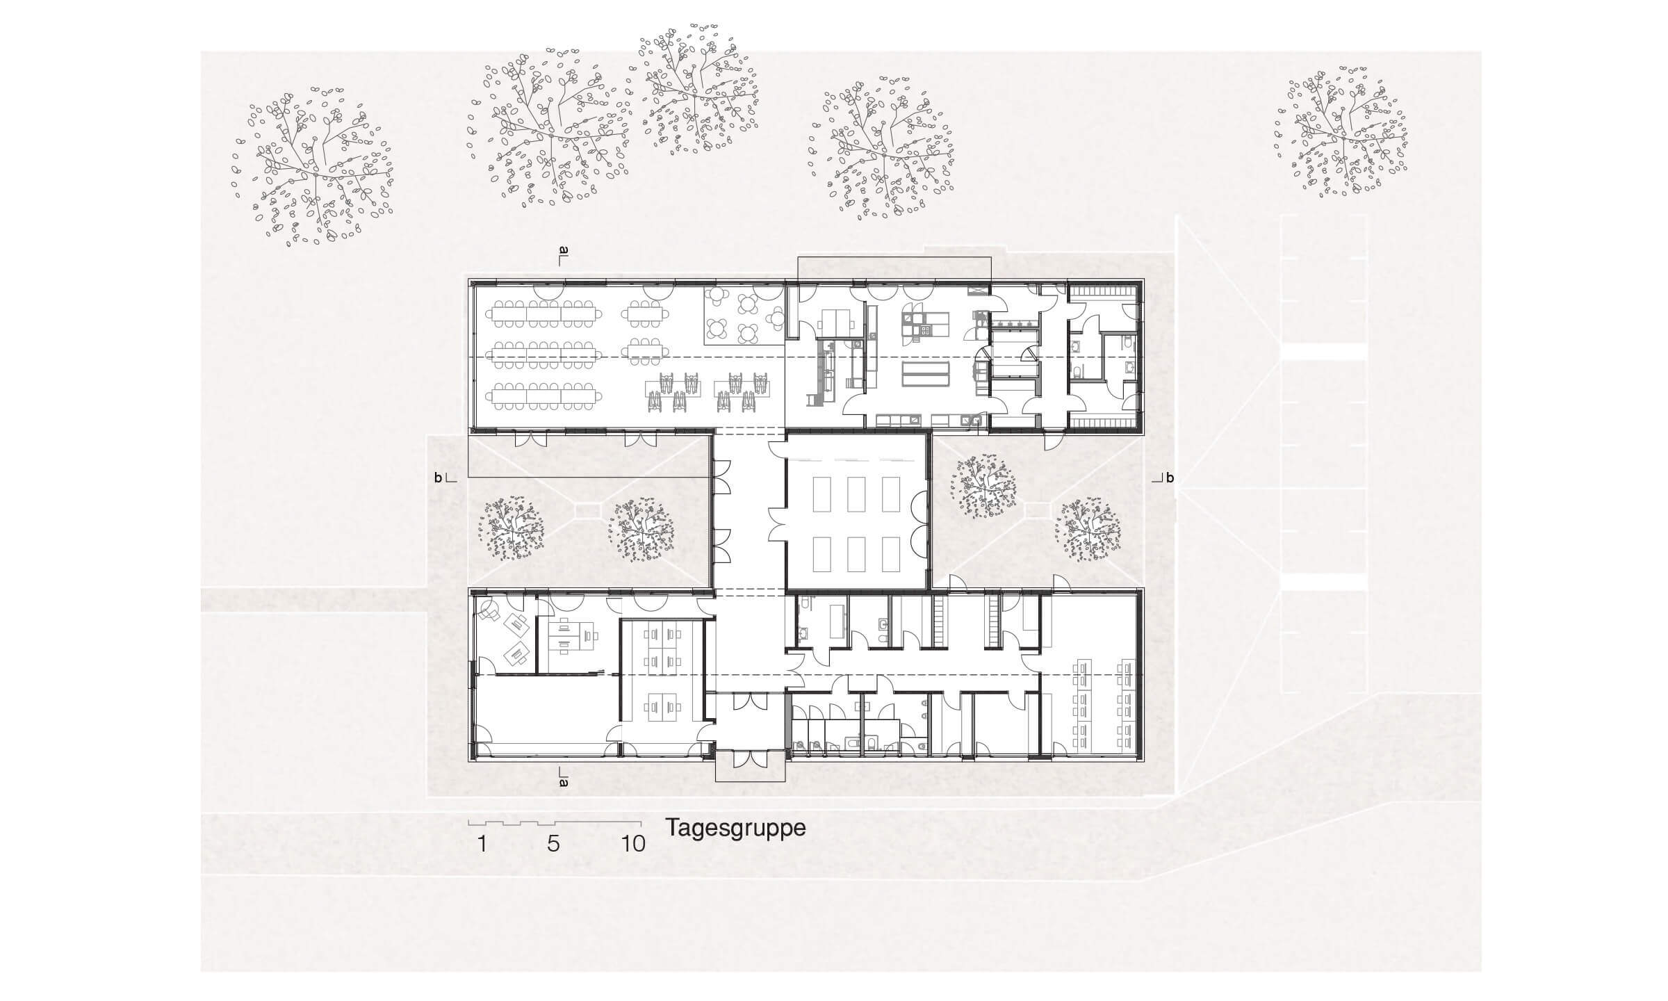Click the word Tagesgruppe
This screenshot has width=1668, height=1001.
[736, 829]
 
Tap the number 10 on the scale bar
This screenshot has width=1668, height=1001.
[633, 844]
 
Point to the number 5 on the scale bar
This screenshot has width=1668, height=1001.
[553, 844]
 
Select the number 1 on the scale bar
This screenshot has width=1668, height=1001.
[482, 844]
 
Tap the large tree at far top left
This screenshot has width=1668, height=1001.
[312, 167]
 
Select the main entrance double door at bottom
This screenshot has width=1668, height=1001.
[751, 759]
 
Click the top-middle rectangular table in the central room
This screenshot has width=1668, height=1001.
[857, 494]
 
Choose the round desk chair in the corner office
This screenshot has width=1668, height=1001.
[489, 610]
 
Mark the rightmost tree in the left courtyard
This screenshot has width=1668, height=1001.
[641, 530]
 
